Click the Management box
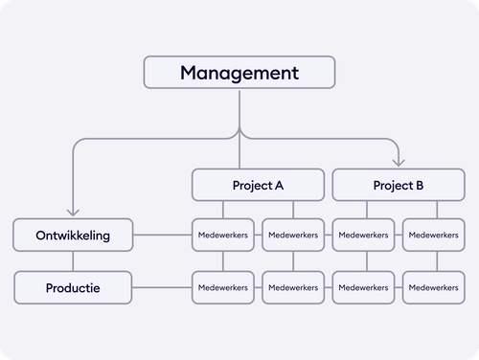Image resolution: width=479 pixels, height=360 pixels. (239, 73)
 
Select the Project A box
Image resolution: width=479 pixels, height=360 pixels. (258, 185)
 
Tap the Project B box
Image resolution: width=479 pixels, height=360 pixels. (399, 185)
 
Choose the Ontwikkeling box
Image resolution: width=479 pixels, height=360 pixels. (73, 236)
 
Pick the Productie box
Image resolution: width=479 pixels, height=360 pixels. (73, 287)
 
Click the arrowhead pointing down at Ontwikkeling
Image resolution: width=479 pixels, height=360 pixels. (73, 214)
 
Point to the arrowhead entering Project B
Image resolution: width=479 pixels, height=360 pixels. (399, 163)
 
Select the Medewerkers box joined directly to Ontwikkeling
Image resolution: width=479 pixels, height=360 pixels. (223, 236)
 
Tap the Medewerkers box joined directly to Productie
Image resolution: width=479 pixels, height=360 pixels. (223, 287)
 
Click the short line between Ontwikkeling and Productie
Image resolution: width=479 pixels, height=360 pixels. (73, 261)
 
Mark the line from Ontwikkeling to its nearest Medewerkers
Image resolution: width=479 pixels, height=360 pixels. (162, 236)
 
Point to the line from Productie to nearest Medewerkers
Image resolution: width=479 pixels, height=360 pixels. (162, 287)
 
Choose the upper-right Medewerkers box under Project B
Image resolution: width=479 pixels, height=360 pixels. (434, 236)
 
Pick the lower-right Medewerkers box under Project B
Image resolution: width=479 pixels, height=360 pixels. (434, 287)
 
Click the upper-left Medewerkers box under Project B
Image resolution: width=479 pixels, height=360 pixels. (364, 236)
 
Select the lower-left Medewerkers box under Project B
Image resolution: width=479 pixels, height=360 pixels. (364, 287)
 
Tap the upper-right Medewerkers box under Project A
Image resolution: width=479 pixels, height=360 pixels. (293, 236)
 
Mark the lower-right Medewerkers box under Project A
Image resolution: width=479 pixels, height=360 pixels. (293, 287)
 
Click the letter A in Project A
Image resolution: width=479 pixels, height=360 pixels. (279, 185)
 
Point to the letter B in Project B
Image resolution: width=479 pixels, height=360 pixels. (420, 185)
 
